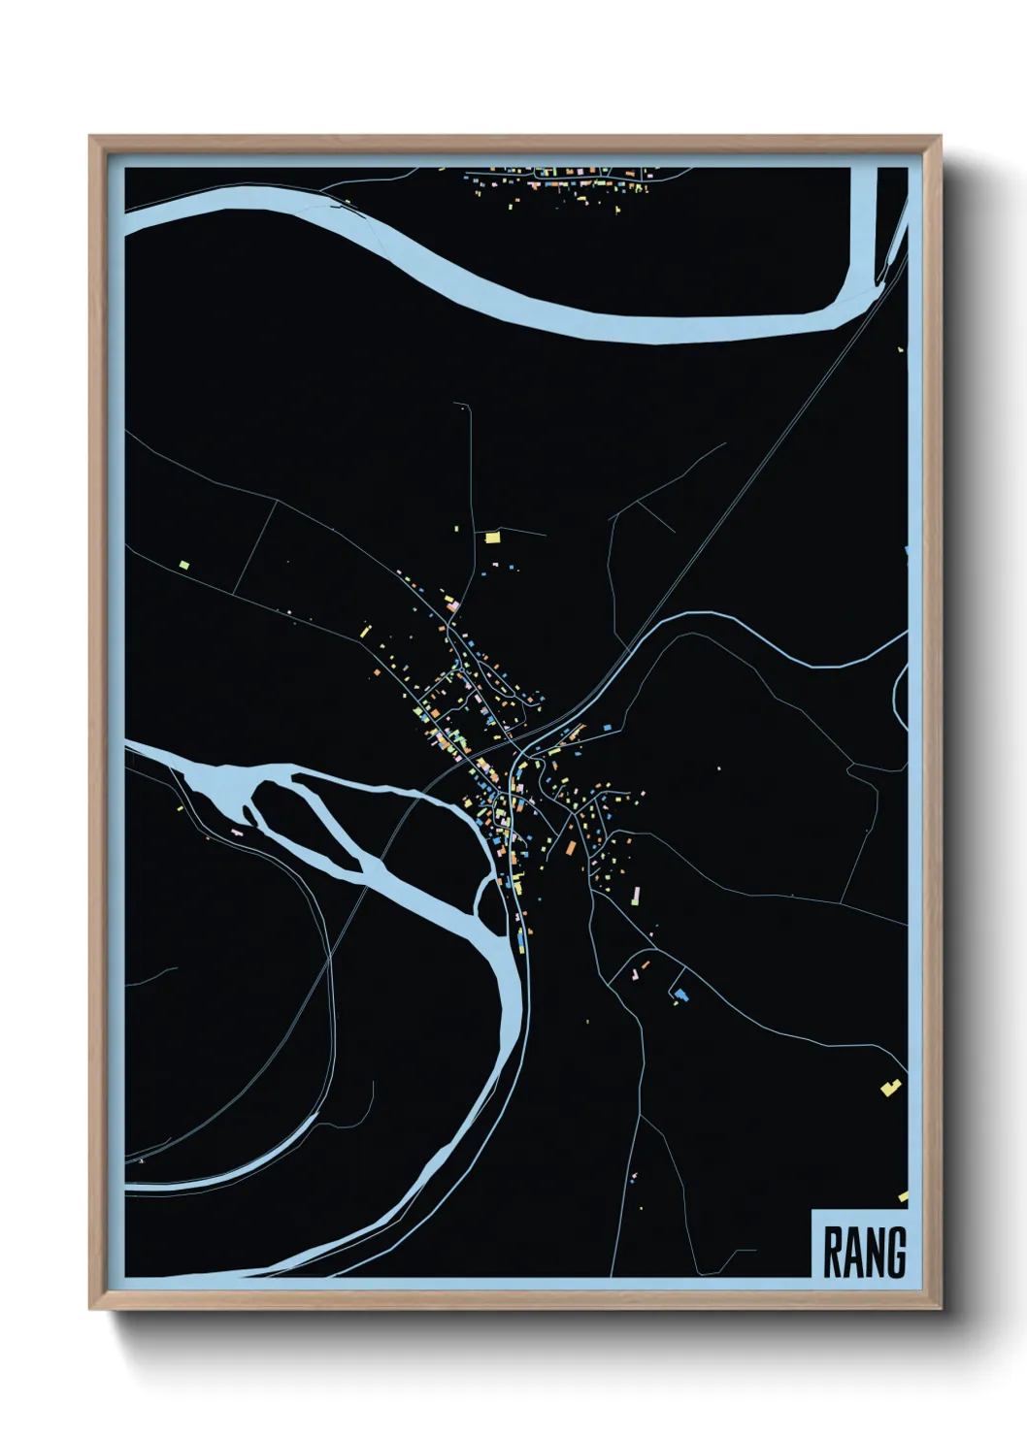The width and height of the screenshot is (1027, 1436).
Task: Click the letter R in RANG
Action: tap(833, 1253)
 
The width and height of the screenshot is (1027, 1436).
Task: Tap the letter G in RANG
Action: tap(895, 1253)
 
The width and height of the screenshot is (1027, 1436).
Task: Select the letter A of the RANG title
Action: tap(853, 1253)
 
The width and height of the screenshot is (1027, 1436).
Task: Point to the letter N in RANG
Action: tap(874, 1253)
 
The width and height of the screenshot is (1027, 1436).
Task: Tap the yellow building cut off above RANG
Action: tap(903, 1197)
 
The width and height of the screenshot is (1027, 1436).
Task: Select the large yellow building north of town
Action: tap(492, 536)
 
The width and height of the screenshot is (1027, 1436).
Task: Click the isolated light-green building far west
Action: tap(182, 563)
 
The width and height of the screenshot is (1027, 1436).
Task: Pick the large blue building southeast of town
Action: tap(680, 994)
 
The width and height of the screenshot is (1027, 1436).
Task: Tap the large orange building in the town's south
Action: tap(572, 847)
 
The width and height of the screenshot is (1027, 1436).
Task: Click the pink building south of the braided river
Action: tap(237, 832)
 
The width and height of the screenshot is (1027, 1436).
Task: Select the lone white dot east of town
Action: tap(719, 768)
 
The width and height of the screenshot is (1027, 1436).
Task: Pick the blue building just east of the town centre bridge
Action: tap(608, 726)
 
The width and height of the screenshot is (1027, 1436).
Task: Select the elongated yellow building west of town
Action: tap(366, 631)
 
